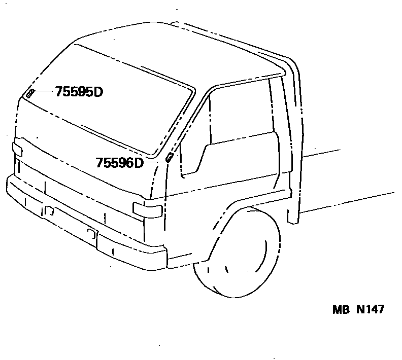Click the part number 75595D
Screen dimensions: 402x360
click(x=79, y=92)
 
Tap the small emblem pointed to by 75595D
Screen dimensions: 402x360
click(x=30, y=93)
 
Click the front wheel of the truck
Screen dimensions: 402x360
click(x=239, y=254)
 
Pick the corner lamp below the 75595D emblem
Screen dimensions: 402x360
click(x=17, y=149)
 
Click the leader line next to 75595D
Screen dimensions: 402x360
click(x=44, y=92)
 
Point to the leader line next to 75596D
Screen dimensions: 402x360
click(x=154, y=161)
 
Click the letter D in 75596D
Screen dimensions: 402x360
click(x=139, y=163)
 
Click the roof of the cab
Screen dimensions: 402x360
click(x=152, y=46)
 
